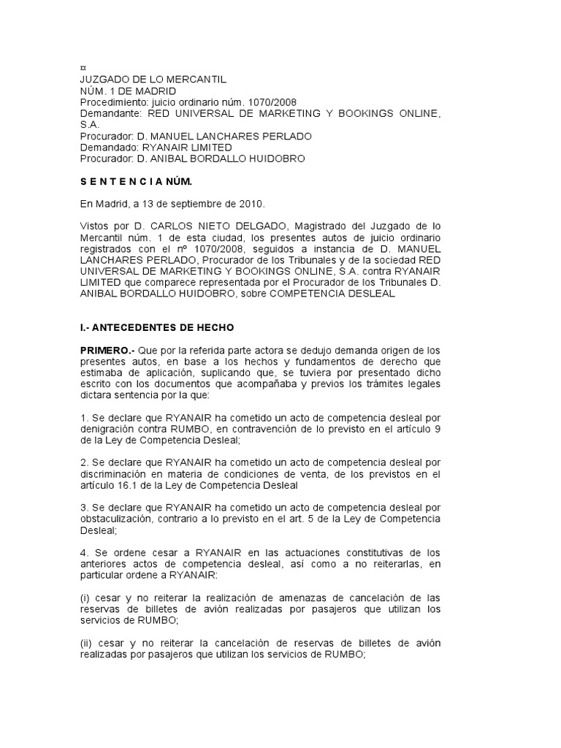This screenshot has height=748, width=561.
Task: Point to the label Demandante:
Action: click(x=110, y=113)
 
